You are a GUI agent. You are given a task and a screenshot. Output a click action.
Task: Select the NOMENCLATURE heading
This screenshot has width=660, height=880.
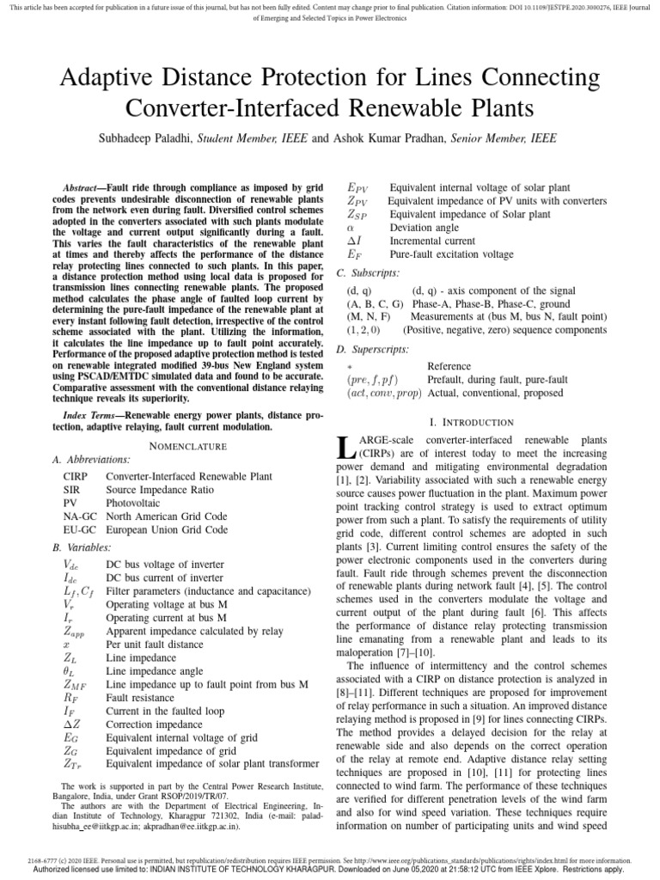[188, 447]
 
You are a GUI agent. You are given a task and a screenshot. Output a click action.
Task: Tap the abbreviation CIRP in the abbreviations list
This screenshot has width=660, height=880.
[76, 475]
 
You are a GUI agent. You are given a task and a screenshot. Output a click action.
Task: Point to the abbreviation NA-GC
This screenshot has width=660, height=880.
[81, 516]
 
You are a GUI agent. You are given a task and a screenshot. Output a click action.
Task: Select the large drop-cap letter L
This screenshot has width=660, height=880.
[345, 447]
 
